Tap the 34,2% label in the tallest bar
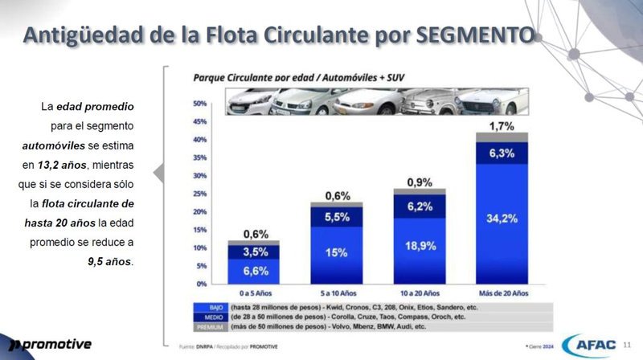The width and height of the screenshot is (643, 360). [x=502, y=218]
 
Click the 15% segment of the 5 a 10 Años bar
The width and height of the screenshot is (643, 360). [x=336, y=253]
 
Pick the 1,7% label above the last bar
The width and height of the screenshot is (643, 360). [x=502, y=126]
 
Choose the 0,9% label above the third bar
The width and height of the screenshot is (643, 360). [x=419, y=182]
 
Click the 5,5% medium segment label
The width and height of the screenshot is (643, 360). [x=336, y=217]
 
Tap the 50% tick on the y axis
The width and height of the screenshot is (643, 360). [x=200, y=104]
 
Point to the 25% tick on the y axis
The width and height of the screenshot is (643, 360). [x=200, y=194]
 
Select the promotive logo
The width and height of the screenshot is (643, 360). [x=48, y=345]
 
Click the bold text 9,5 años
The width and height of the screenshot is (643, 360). [x=111, y=261]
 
